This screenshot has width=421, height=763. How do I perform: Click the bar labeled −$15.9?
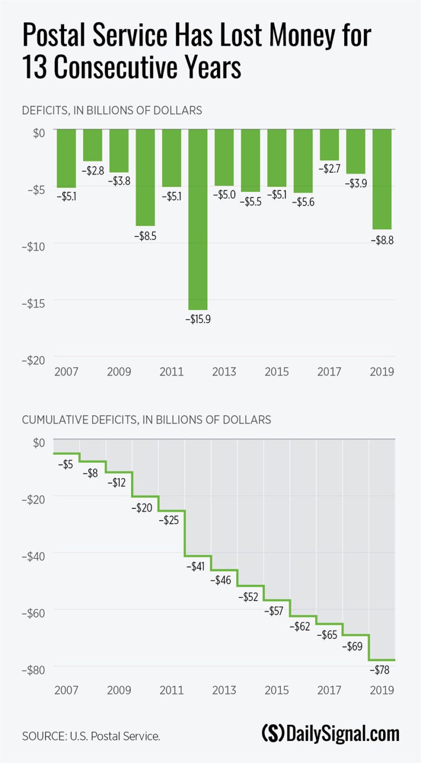coord(198,219)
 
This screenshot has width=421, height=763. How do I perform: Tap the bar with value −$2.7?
coord(329,144)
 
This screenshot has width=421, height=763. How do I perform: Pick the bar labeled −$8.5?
coord(145,177)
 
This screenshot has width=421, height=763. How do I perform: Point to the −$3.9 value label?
coord(356,183)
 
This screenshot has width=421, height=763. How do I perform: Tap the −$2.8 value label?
coord(93,171)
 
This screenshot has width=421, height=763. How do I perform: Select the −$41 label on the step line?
coord(197,566)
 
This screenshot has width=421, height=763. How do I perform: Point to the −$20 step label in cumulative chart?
coord(143,508)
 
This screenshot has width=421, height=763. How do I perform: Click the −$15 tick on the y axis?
coord(33,302)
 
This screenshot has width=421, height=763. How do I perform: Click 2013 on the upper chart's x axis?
coord(224,372)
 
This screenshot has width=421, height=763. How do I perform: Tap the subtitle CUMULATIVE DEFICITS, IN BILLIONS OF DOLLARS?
coord(146,420)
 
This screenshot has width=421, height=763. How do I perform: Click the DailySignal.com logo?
coord(330,733)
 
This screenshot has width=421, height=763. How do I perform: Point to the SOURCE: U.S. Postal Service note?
coord(91,736)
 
